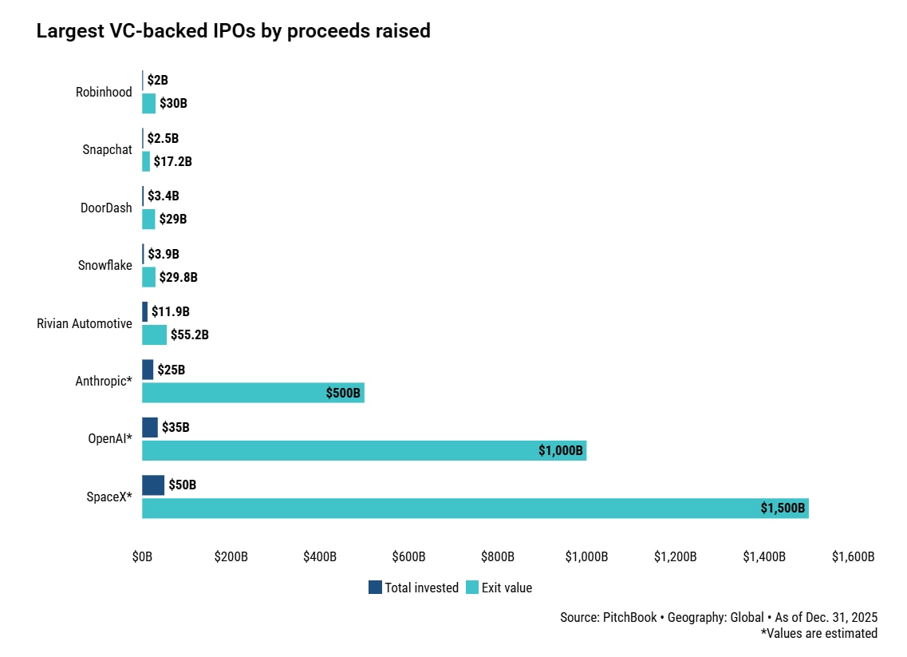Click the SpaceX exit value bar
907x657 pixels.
(475, 509)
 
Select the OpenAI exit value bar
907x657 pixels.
(364, 450)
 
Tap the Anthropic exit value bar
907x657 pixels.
(253, 393)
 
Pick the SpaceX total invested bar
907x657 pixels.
(153, 485)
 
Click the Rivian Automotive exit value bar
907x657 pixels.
(154, 334)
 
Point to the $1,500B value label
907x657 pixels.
(783, 509)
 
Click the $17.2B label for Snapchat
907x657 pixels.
(172, 161)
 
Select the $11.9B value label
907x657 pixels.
(171, 312)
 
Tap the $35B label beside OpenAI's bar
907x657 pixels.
(175, 428)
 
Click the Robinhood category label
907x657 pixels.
(104, 92)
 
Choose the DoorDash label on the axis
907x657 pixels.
(106, 208)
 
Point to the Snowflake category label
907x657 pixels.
(105, 265)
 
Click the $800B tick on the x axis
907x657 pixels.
(498, 556)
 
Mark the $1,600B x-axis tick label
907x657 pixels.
(853, 556)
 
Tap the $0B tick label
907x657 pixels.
(142, 556)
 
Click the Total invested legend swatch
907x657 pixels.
(375, 588)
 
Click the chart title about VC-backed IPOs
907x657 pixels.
(233, 31)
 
